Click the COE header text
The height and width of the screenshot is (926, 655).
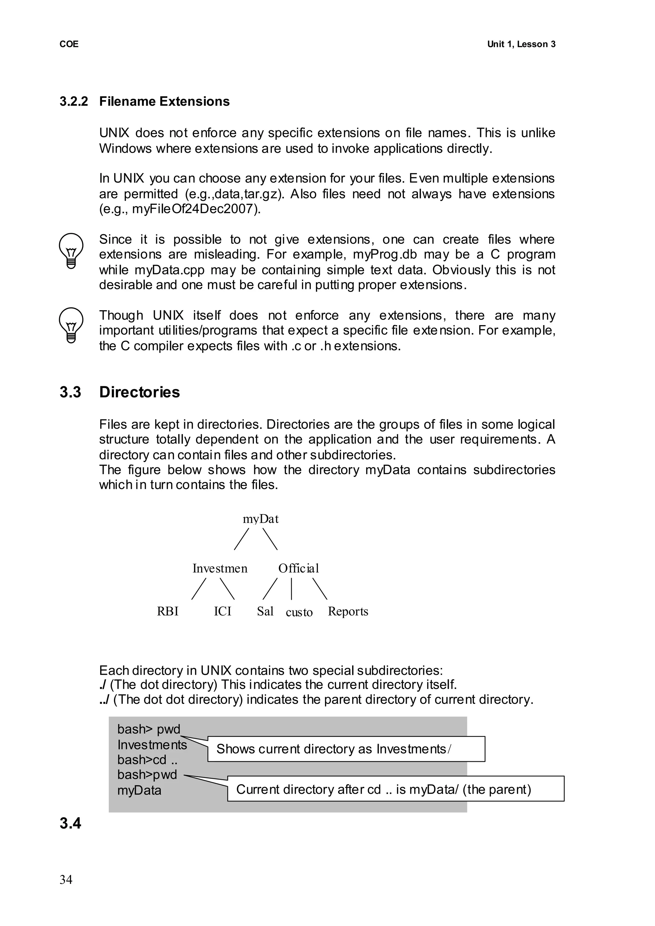69,44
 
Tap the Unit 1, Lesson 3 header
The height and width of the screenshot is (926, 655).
521,44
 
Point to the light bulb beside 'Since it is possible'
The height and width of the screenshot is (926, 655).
71,250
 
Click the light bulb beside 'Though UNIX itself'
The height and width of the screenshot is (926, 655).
71,325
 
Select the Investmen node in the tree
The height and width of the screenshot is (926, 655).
220,569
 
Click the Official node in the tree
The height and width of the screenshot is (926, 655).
298,569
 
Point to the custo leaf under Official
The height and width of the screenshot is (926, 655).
299,612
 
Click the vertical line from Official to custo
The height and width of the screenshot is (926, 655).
291,589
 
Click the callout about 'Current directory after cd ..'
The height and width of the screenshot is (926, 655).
395,789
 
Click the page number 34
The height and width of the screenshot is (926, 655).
66,880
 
